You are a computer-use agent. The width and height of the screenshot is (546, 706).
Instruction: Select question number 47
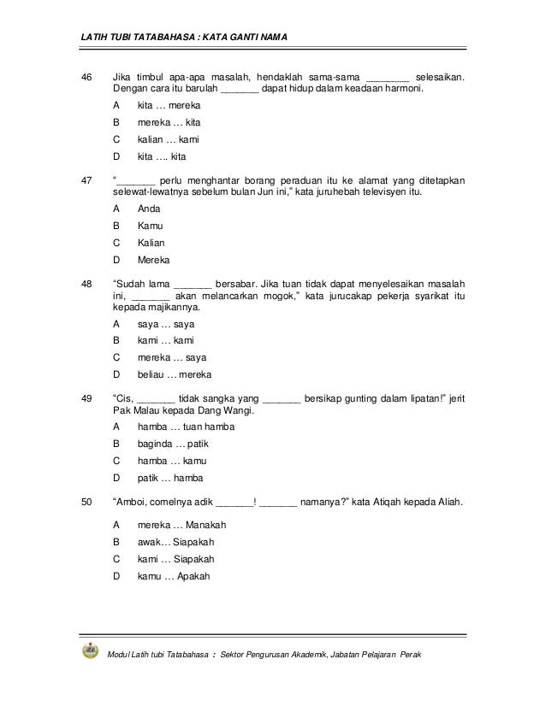(86, 180)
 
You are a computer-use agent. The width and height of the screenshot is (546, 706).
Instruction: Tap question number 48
(86, 284)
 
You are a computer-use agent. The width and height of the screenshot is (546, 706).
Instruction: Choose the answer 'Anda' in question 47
(149, 209)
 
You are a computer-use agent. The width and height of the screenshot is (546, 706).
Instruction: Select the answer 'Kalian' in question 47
(151, 243)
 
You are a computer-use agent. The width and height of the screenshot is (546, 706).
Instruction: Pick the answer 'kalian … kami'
(168, 139)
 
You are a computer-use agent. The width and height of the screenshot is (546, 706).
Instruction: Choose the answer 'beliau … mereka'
(175, 374)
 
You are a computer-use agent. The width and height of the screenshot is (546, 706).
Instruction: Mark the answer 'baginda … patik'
(173, 444)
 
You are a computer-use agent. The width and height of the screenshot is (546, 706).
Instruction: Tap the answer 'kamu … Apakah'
(173, 576)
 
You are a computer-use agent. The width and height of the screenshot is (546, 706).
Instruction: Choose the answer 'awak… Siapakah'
(175, 542)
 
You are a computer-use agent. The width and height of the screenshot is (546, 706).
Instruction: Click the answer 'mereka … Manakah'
(181, 525)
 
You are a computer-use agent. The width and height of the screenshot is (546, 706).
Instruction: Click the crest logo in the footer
(90, 651)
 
